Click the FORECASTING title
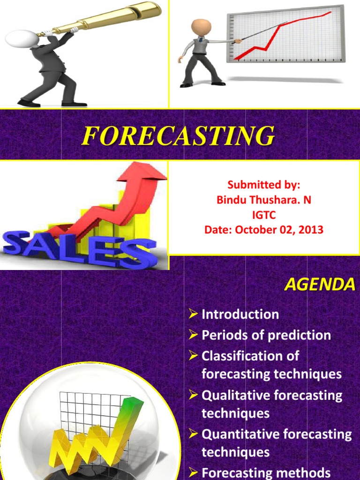tap(178, 136)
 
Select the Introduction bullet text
tap(240, 314)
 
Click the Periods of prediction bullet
tap(266, 335)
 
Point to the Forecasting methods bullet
tap(266, 472)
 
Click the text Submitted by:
tap(263, 185)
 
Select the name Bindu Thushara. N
tap(263, 200)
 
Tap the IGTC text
tap(263, 215)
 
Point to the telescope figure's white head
tap(21, 38)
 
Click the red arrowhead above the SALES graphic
tap(143, 172)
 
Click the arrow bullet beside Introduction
tap(193, 315)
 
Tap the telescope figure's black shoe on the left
tap(28, 102)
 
